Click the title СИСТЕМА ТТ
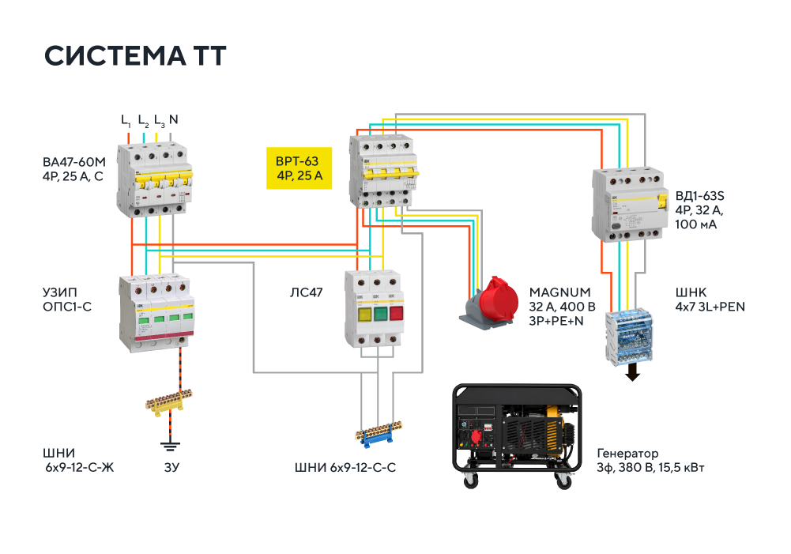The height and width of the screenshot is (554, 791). point(134,55)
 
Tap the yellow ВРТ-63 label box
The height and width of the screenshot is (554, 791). point(299,168)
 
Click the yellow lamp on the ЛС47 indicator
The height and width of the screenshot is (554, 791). point(364,314)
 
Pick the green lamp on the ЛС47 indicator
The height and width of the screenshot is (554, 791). point(380,314)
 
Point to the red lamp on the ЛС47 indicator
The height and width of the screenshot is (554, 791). point(396,313)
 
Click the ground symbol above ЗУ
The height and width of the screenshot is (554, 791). point(170,446)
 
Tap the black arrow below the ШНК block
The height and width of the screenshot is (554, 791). point(632,373)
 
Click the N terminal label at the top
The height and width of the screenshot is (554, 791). point(174,119)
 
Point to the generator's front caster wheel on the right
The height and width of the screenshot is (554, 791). point(563,481)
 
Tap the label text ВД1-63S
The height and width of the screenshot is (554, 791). point(699,196)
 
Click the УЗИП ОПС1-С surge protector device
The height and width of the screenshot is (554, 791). point(157,313)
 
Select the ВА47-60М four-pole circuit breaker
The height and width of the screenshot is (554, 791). point(154,180)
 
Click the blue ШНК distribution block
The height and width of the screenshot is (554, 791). point(628,337)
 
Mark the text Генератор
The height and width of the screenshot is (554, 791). point(627,453)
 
